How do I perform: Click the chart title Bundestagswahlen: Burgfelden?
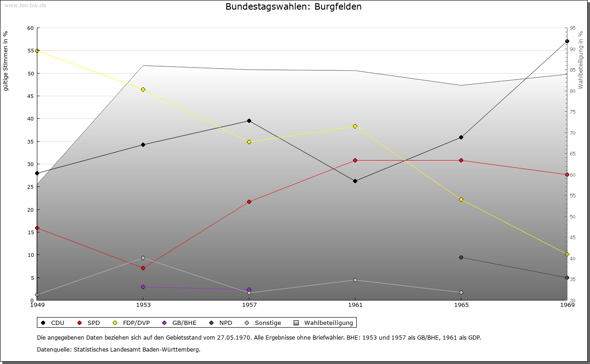click(x=293, y=7)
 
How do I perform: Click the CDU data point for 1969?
click(x=567, y=41)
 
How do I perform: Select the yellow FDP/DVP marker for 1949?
click(x=37, y=51)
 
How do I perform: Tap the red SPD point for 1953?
click(x=143, y=268)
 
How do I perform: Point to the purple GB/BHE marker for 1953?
click(x=143, y=287)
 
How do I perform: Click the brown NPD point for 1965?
click(x=461, y=257)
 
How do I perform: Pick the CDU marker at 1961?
click(x=355, y=181)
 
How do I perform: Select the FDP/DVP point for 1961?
click(x=355, y=126)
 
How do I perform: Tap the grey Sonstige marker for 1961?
click(x=355, y=280)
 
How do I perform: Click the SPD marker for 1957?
click(x=249, y=202)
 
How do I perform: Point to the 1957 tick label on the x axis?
click(x=249, y=305)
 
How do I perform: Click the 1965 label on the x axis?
click(x=461, y=305)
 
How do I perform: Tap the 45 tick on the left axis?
click(x=30, y=96)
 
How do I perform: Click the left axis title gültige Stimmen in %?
click(x=6, y=61)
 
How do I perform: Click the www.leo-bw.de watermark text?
click(x=25, y=5)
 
